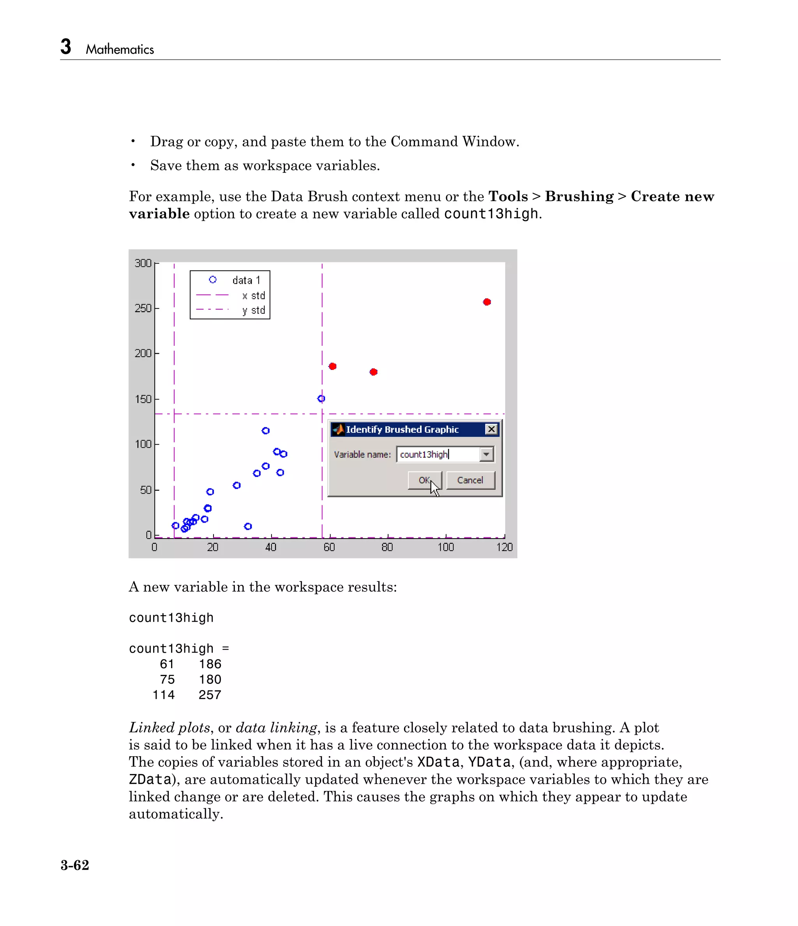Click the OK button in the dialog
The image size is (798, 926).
[424, 480]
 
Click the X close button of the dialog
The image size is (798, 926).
[491, 429]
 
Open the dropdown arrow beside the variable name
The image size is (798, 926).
[486, 454]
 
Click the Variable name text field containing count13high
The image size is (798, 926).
[438, 454]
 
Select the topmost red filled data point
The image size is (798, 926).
[487, 302]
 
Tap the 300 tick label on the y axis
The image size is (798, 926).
[143, 263]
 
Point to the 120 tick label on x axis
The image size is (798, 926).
[505, 547]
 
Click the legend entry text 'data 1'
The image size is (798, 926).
[246, 280]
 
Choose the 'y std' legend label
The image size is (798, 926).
[254, 310]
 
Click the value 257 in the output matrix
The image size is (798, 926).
[210, 695]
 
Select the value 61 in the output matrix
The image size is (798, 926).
[167, 664]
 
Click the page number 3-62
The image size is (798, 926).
[75, 865]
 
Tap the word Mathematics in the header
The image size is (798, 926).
[120, 49]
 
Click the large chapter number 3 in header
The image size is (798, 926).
[66, 46]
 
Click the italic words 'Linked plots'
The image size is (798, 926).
[169, 727]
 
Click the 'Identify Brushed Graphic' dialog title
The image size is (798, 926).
[402, 430]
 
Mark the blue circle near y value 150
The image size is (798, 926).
[321, 399]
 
